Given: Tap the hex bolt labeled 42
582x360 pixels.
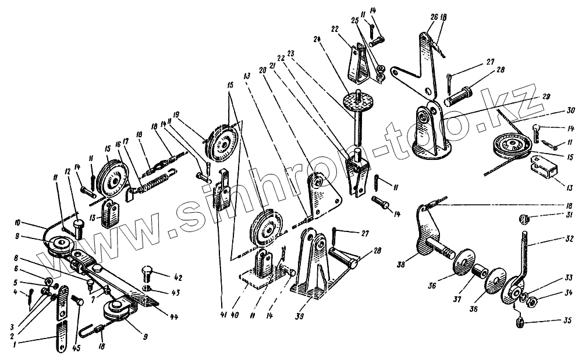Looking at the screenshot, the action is click(x=147, y=272).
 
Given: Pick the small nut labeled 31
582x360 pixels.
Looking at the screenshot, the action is click(x=523, y=219).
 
